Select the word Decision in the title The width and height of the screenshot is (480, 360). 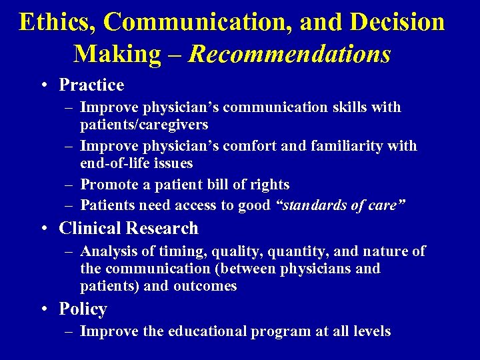tap(396, 22)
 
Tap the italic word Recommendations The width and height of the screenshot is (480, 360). tap(290, 54)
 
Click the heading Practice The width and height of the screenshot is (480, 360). tap(91, 85)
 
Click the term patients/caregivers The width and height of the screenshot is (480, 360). tap(144, 125)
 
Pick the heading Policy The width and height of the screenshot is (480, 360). tap(83, 309)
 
